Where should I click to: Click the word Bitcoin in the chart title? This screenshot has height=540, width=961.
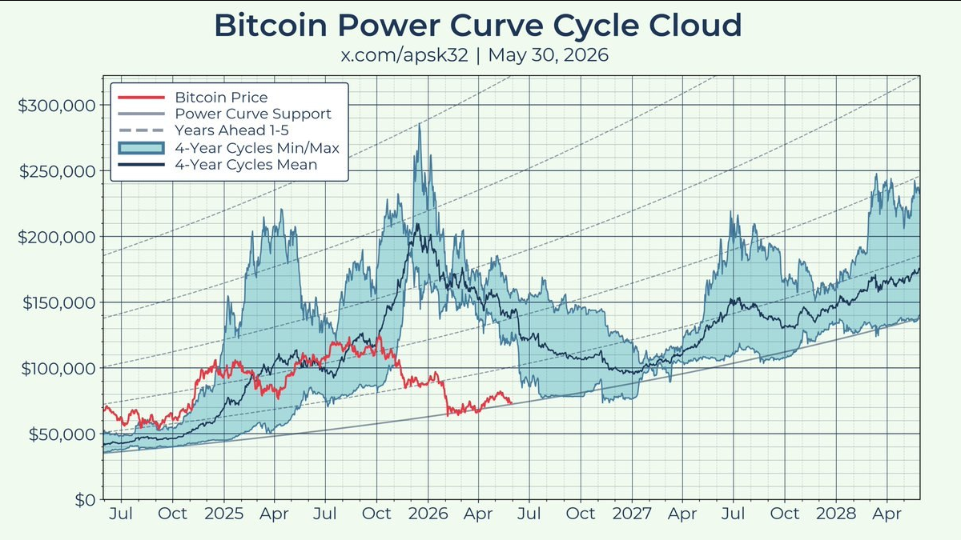pos(271,26)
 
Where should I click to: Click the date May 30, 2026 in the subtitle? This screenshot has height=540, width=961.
pos(549,55)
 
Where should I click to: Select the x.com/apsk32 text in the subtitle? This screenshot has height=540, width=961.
pos(404,55)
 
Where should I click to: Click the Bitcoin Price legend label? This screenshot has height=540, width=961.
pos(221,98)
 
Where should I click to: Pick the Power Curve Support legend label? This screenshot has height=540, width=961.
pos(253,114)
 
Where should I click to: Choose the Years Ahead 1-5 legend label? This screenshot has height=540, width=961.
pos(231,130)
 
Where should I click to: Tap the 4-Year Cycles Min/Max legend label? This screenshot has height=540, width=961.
pos(257,148)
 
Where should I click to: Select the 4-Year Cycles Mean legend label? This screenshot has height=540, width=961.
pos(246,164)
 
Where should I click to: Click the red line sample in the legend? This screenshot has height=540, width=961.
pos(141,98)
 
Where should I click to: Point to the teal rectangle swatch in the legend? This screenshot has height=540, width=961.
pos(141,148)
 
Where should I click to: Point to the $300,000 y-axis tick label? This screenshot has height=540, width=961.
pos(57,106)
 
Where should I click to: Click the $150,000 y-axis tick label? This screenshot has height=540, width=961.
pos(58,303)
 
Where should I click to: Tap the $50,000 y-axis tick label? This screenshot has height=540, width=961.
pos(62,434)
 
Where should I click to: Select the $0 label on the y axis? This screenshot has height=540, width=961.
pos(86,500)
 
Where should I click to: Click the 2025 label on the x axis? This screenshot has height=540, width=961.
pos(224,514)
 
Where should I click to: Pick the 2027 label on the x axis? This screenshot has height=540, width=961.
pos(632,514)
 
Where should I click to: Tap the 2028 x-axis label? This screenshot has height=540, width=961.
pos(836,514)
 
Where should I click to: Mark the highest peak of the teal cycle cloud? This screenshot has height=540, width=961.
pos(420,124)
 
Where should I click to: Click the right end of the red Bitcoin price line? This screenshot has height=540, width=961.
pos(512,403)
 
